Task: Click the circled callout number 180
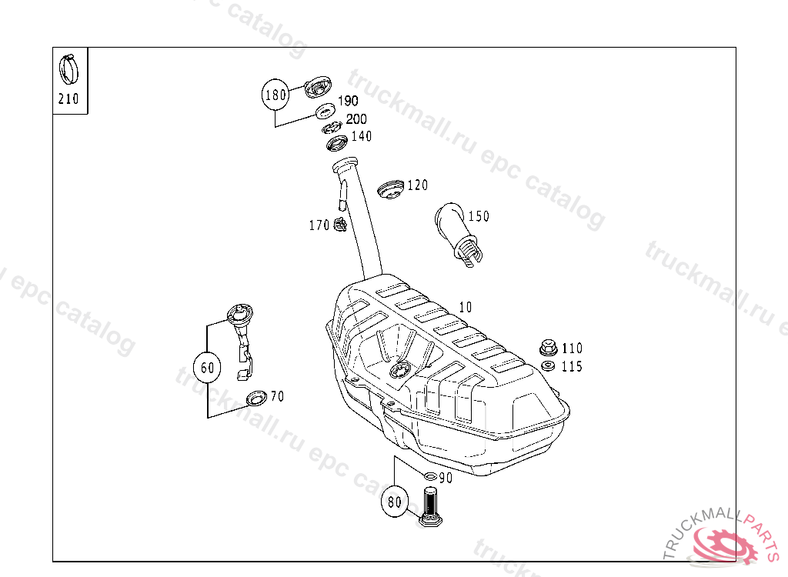[275, 95]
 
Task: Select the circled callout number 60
[208, 368]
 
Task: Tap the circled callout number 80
[394, 502]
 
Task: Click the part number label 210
[68, 99]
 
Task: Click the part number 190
[348, 102]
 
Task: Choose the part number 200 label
[356, 119]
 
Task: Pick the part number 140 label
[361, 136]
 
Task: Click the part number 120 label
[417, 185]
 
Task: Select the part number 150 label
[478, 216]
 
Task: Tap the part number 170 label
[319, 225]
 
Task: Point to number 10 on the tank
[465, 307]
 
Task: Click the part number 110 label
[572, 349]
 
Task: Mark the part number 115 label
[572, 367]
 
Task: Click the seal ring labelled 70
[255, 399]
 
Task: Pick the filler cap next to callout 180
[316, 88]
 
